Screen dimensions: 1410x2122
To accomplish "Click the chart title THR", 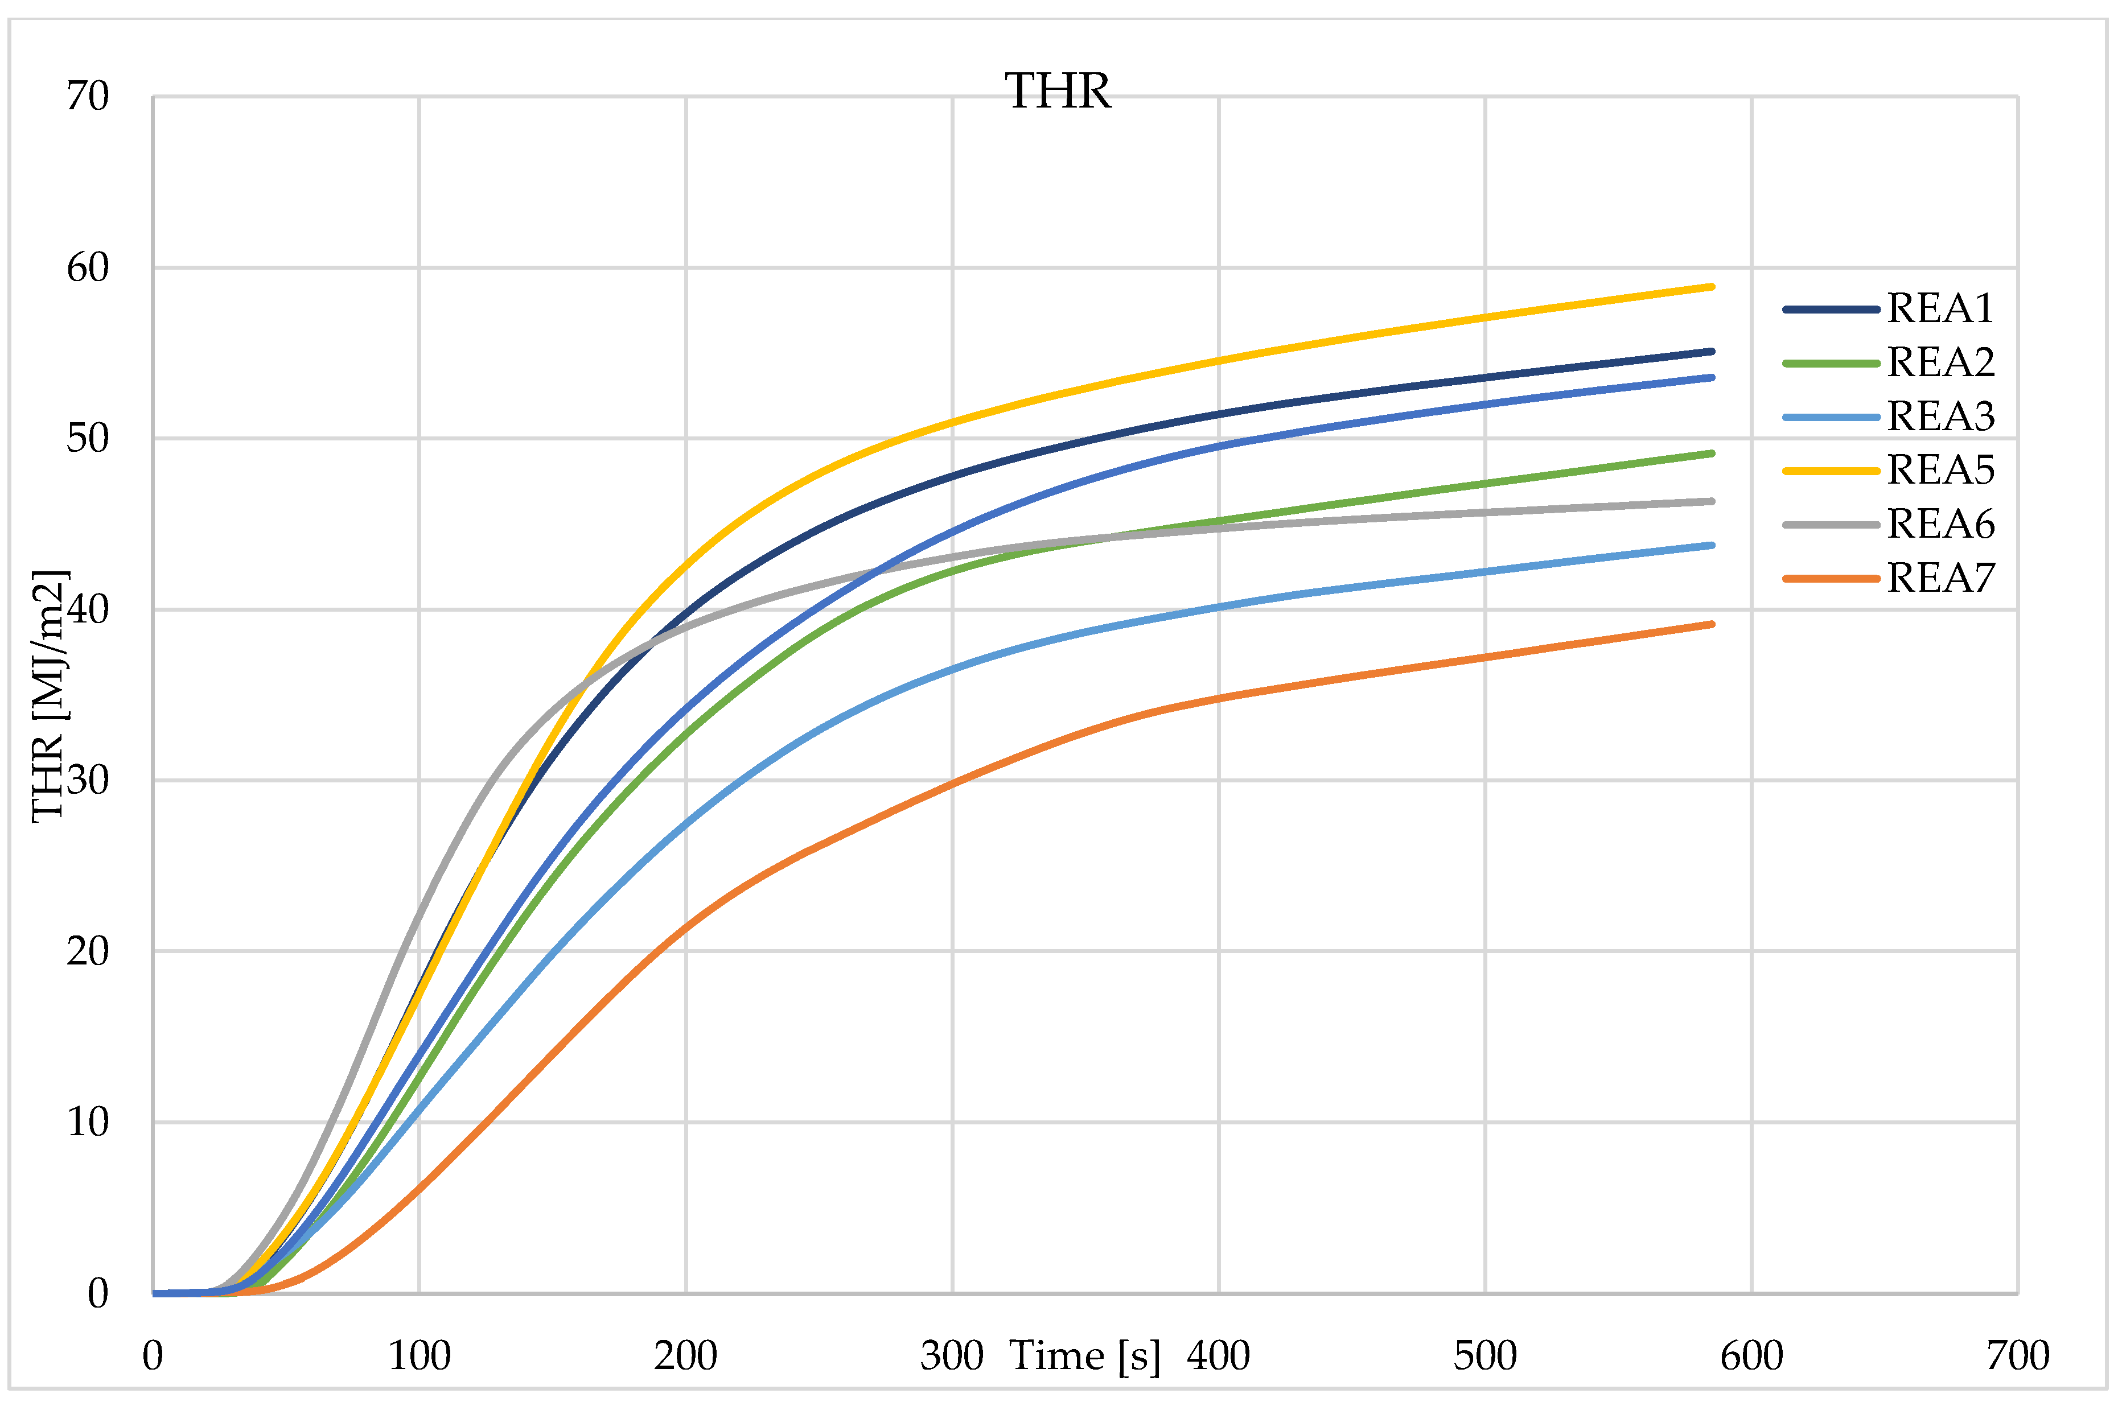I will (1058, 92).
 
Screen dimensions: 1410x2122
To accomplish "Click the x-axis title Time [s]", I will (1085, 1355).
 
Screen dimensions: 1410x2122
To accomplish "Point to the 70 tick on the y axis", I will (87, 96).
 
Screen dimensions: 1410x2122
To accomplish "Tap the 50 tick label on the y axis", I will (87, 439).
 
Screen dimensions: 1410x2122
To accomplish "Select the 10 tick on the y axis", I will (87, 1122).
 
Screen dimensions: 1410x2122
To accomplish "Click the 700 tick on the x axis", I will (2018, 1356).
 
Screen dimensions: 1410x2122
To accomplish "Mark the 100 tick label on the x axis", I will (419, 1356).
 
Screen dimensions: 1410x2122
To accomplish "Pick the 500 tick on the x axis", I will (1485, 1356).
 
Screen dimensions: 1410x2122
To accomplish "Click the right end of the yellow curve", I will (1711, 287).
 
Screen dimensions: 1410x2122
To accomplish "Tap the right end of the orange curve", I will (1711, 624).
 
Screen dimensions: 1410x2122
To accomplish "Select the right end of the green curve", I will (1711, 453).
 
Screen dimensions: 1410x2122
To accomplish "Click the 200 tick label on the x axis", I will (685, 1356).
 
